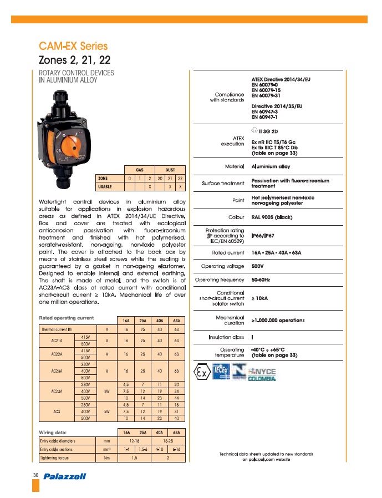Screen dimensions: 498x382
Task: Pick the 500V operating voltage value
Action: pos(258,266)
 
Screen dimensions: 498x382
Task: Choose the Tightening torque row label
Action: pos(55,458)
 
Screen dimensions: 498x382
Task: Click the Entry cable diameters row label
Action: pos(59,440)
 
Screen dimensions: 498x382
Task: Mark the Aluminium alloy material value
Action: pos(271,166)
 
